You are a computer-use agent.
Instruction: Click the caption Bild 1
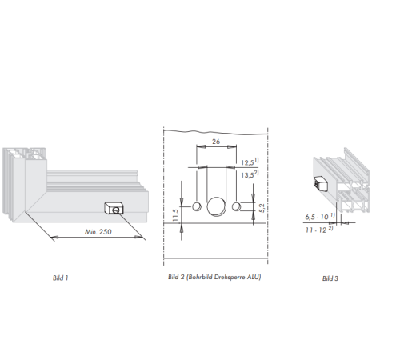(61, 278)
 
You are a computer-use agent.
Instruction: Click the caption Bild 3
(330, 278)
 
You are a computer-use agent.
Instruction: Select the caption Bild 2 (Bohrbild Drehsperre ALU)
(214, 277)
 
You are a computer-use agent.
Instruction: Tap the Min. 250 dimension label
(98, 232)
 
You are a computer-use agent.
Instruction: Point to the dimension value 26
(216, 142)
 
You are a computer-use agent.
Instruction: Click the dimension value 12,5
(247, 162)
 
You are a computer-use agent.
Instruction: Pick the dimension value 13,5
(247, 175)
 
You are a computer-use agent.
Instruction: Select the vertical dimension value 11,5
(175, 215)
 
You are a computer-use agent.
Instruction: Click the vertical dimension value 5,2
(262, 208)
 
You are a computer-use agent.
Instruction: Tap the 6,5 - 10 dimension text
(317, 217)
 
